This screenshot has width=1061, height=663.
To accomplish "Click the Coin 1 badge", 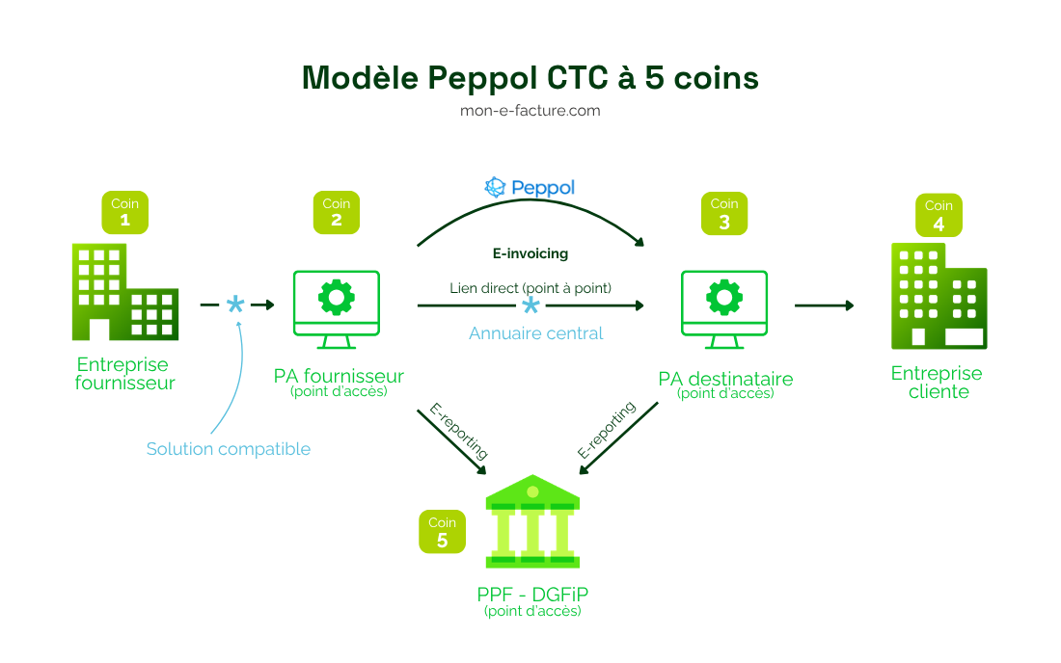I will [x=125, y=213].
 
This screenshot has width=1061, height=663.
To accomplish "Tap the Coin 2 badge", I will [x=337, y=213].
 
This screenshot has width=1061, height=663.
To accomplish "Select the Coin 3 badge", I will [x=724, y=213].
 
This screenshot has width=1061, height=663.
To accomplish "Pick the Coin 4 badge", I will [x=939, y=215].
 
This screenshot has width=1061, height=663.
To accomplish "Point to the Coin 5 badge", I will [x=442, y=531].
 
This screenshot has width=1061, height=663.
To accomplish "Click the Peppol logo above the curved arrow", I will [x=530, y=187].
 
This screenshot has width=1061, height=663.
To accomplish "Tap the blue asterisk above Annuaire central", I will [x=530, y=306].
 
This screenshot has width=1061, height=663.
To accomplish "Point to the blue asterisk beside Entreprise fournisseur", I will [x=235, y=305].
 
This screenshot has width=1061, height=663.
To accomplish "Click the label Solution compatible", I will [x=229, y=449].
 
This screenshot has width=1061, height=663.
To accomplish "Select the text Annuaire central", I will [x=535, y=333].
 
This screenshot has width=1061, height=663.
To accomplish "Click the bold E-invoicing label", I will [x=530, y=254].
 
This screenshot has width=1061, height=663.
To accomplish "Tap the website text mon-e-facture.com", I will [x=530, y=111].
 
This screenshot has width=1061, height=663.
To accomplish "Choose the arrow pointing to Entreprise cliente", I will [x=824, y=305].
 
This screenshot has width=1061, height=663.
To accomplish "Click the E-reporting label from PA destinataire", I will [x=607, y=429].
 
